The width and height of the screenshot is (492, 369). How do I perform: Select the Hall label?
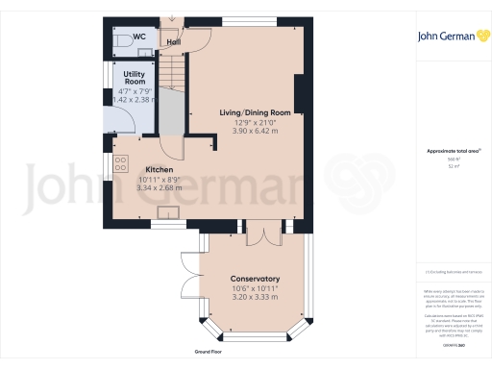coord(173,42)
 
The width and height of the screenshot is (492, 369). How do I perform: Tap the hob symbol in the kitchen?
coord(120,164)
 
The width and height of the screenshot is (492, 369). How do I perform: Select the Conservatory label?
coord(255,279)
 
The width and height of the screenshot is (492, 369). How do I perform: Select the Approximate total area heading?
coord(448,152)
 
